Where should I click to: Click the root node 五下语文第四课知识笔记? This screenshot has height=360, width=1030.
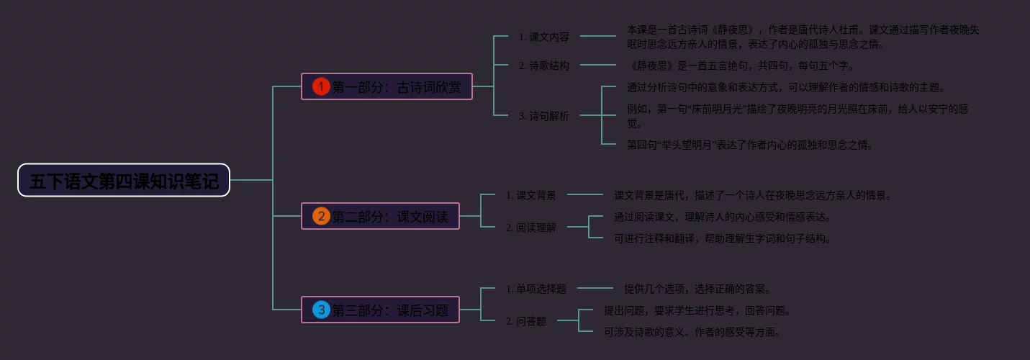(124, 180)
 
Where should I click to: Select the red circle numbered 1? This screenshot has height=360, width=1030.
(321, 86)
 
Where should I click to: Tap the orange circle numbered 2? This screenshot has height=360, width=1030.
(321, 216)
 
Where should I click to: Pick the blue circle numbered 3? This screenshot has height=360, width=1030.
(321, 310)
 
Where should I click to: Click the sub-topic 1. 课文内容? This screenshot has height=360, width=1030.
(543, 37)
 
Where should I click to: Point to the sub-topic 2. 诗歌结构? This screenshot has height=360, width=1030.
(543, 66)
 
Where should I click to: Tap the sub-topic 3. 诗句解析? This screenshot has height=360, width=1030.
(543, 116)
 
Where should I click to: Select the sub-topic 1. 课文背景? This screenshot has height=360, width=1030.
(530, 195)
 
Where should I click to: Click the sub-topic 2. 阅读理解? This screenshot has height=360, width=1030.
(530, 228)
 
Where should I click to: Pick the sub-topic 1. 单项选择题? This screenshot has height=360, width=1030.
(536, 289)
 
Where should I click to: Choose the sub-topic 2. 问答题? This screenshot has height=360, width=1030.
(525, 321)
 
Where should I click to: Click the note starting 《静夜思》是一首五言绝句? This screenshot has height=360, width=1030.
(741, 66)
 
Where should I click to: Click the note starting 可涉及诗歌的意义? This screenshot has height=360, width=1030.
(692, 332)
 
